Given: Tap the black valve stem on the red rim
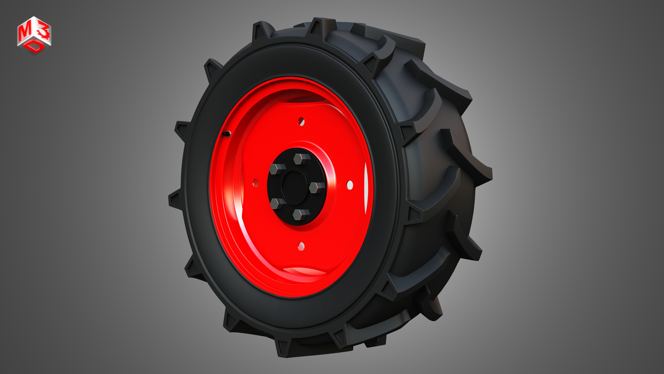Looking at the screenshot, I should [x=227, y=134].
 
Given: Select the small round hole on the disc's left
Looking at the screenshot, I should [x=255, y=183].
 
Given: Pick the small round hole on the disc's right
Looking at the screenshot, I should [x=350, y=185].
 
